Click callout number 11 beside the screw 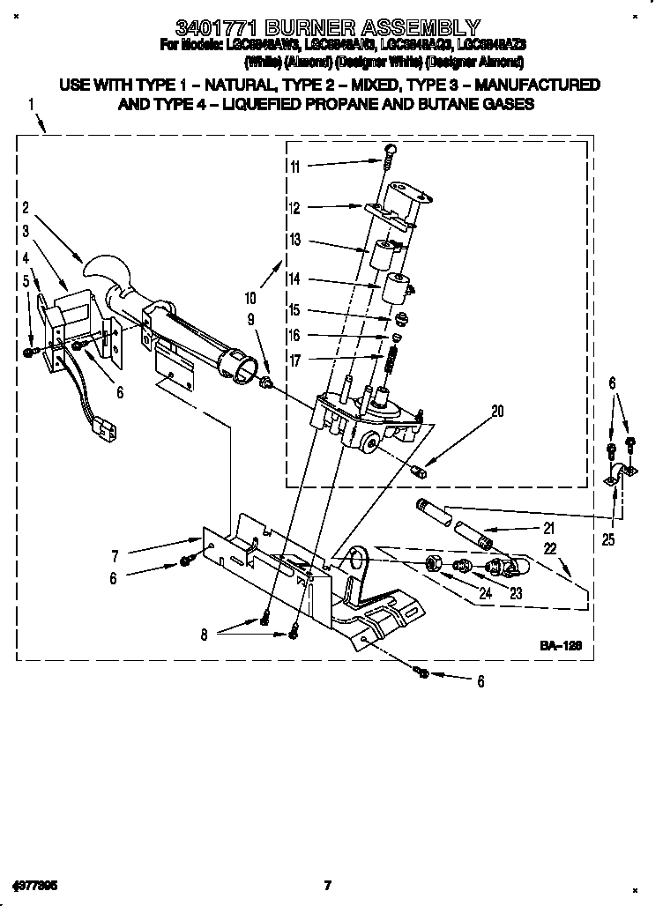click(x=294, y=167)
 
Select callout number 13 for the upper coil click(x=294, y=240)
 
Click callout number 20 click(x=498, y=410)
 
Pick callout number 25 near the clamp click(x=608, y=539)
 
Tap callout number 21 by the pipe click(x=548, y=529)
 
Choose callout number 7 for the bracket click(x=115, y=557)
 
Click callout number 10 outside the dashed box click(x=250, y=299)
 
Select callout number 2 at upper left click(x=26, y=209)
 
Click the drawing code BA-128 click(x=562, y=647)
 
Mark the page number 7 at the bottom click(x=327, y=885)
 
